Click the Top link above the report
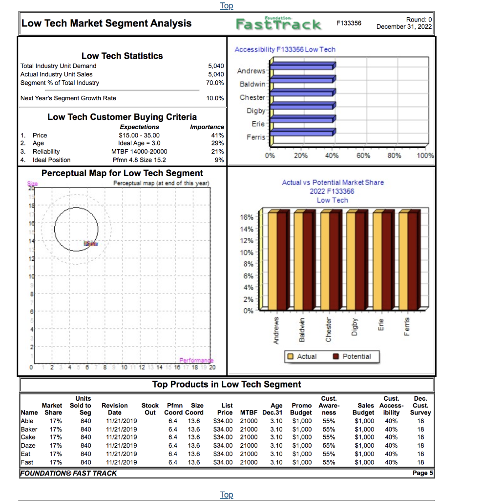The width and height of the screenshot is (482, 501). (x=227, y=6)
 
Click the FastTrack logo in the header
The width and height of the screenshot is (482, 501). (x=279, y=23)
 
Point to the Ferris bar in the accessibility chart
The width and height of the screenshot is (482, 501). (x=303, y=132)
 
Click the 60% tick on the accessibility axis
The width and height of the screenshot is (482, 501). (x=363, y=156)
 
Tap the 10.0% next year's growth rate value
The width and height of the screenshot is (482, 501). (x=215, y=98)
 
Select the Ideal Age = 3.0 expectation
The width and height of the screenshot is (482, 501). (x=139, y=143)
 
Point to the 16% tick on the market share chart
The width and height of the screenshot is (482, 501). (x=247, y=217)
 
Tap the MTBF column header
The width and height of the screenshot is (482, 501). (x=249, y=412)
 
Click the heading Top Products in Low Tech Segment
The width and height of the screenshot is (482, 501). (x=227, y=385)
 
